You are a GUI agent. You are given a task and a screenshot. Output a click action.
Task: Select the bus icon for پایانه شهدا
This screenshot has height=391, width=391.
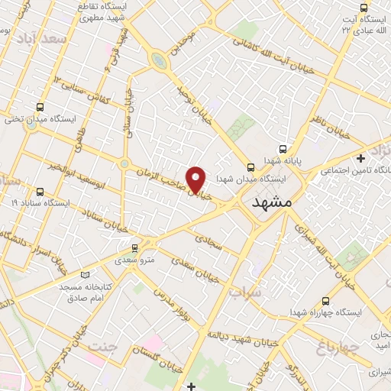(x=283, y=150)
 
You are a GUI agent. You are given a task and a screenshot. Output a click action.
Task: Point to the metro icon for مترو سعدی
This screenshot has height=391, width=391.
(x=135, y=247)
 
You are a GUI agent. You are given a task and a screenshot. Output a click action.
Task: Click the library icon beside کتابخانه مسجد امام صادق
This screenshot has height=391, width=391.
(x=85, y=275)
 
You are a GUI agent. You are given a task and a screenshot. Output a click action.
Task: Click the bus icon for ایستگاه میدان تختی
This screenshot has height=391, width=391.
(x=40, y=107)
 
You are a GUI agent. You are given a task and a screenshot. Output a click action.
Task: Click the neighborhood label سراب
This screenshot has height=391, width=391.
(x=244, y=292)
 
